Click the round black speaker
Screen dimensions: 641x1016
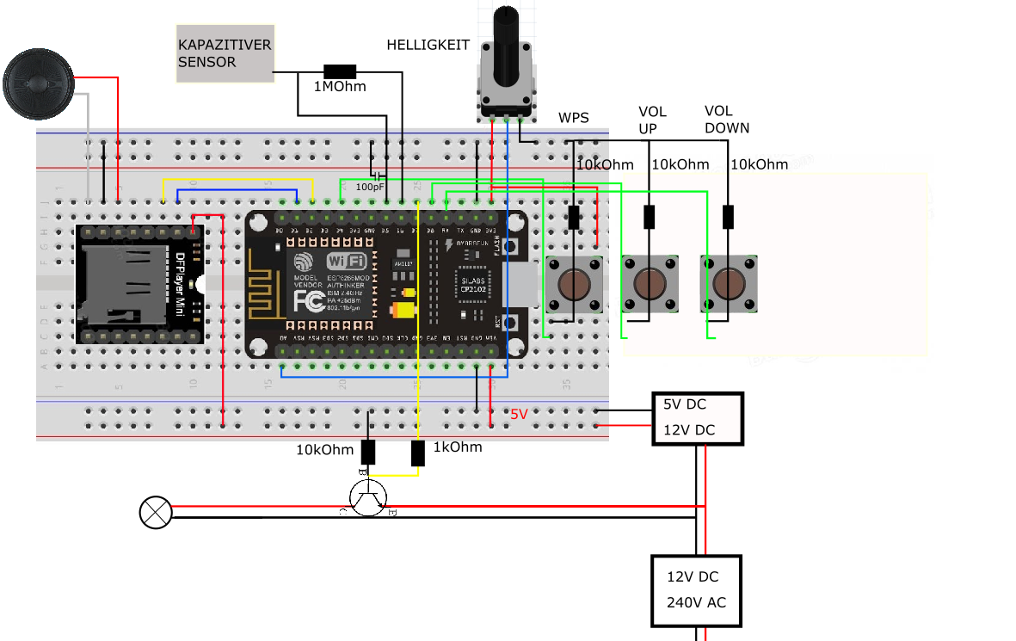(x=37, y=83)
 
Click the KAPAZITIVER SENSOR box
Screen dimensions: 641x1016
(x=225, y=53)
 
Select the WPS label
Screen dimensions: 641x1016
(x=574, y=118)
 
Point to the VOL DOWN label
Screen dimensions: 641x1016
(x=726, y=120)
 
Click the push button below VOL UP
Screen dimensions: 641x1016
(x=650, y=283)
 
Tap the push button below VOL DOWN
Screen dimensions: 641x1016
(x=729, y=283)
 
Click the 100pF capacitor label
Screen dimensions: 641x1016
(x=370, y=186)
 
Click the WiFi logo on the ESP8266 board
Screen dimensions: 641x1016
(x=346, y=260)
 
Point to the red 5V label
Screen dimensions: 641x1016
(x=519, y=415)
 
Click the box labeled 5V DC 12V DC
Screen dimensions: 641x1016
(x=698, y=418)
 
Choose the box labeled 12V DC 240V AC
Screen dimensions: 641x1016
(x=696, y=589)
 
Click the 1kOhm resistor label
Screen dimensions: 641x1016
(x=457, y=447)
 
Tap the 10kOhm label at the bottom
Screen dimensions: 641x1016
(x=324, y=450)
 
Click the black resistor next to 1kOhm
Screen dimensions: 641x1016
(x=418, y=453)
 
